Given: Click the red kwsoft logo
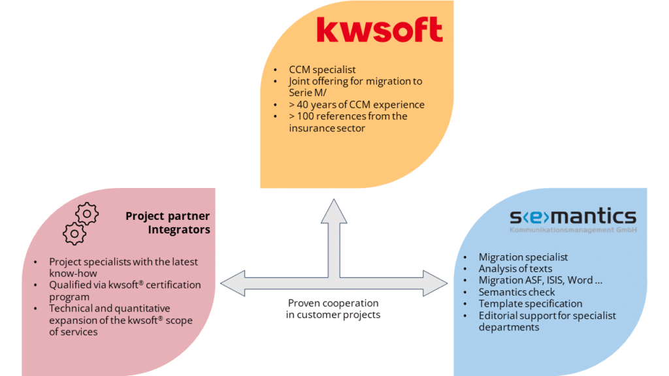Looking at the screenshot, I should [x=379, y=30].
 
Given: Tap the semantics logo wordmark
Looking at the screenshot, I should [x=572, y=216].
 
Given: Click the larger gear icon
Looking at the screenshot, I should [x=87, y=213].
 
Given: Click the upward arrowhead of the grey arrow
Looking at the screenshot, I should [x=333, y=211].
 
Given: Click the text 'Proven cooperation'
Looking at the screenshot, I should [x=333, y=303].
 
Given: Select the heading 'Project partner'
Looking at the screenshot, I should [x=167, y=216].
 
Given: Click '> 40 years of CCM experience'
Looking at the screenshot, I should [x=357, y=104].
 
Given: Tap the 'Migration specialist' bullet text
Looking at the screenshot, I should [x=523, y=257].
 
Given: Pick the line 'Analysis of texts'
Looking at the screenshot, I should [x=515, y=268].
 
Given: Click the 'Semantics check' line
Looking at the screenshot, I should [x=517, y=292].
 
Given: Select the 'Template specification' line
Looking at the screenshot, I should [x=530, y=304].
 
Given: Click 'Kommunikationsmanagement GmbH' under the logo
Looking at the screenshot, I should [x=573, y=230].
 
